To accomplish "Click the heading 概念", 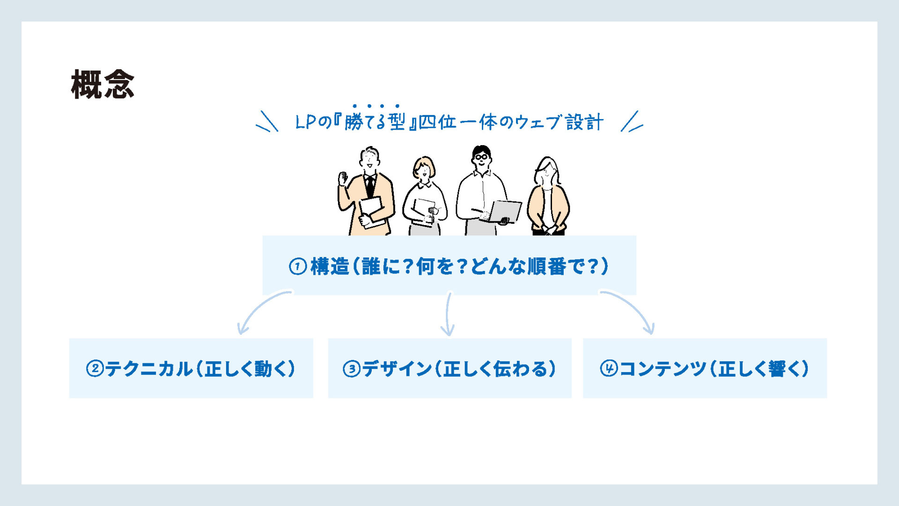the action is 103,84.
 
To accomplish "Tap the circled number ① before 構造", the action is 298,266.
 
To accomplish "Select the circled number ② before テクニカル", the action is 95,368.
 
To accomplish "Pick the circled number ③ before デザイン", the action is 352,369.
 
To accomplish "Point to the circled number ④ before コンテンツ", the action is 609,368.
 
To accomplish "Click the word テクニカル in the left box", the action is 148,369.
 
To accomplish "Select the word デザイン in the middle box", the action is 397,369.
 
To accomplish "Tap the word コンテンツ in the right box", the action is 663,369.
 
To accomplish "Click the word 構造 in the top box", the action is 330,266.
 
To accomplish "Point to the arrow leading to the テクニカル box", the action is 259,307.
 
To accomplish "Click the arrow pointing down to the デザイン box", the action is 448,314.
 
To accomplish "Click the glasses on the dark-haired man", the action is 481,157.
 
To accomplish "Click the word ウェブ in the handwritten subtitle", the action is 538,122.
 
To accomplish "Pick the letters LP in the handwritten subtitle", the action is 307,122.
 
